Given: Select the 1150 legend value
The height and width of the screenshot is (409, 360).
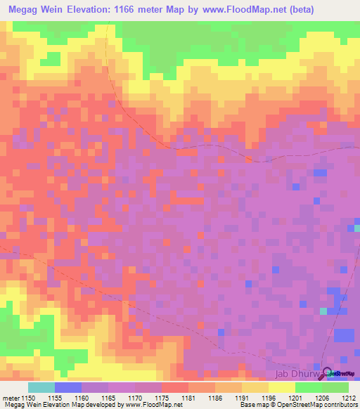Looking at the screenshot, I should click(x=29, y=397).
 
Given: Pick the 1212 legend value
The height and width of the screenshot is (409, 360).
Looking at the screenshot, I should click(x=349, y=397).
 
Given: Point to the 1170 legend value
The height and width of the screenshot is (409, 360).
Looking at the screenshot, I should click(x=136, y=397).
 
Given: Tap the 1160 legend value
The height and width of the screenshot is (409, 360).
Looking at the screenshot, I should click(x=82, y=397).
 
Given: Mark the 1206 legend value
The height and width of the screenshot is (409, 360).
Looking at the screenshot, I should click(x=323, y=397).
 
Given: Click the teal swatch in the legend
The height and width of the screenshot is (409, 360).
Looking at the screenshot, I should click(x=41, y=387).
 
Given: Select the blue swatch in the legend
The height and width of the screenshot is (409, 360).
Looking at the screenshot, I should click(x=67, y=387).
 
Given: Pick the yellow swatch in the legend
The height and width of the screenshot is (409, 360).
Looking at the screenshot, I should click(x=281, y=387).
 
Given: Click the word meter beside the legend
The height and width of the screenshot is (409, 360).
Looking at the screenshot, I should click(x=10, y=397).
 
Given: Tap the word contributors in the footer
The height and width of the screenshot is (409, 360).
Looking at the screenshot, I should click(x=339, y=405).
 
